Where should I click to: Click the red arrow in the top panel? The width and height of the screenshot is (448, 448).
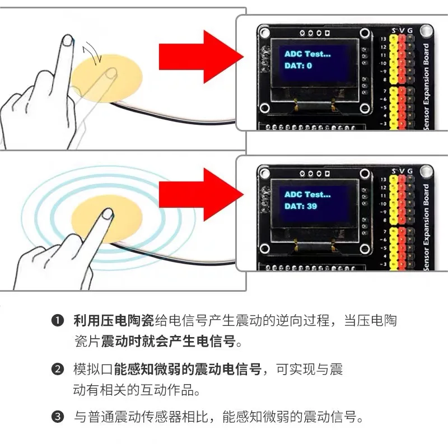199,54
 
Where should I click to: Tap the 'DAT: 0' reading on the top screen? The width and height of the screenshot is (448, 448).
298,66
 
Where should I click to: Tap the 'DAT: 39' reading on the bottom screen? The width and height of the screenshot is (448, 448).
301,207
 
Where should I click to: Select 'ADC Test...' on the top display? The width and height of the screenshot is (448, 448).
307,54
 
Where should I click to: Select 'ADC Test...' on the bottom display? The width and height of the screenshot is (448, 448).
307,194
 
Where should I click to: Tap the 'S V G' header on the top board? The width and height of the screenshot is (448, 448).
402,29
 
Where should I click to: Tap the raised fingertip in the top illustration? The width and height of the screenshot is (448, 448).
67,40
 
